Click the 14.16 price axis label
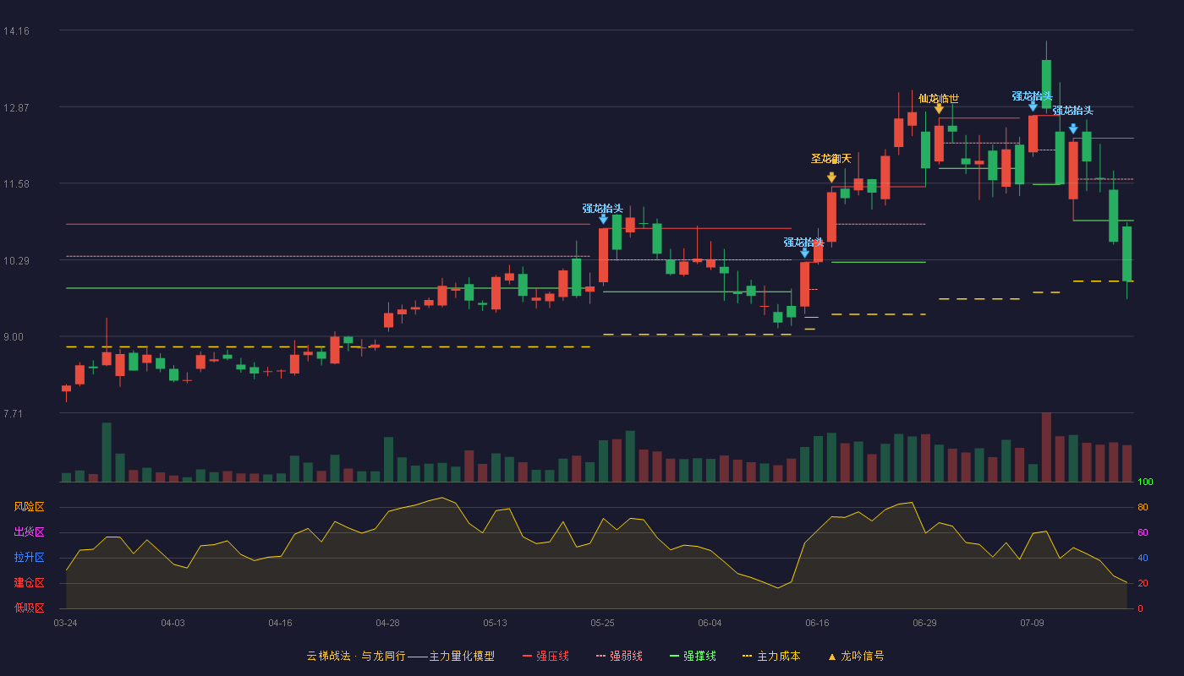click(16, 31)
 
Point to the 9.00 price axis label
click(14, 337)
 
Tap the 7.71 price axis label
click(14, 413)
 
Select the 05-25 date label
click(602, 624)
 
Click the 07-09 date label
click(1032, 624)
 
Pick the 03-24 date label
click(66, 624)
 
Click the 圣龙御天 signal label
click(830, 159)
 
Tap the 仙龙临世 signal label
click(938, 99)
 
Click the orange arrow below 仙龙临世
click(939, 109)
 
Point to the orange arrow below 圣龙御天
click(831, 177)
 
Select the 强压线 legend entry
click(545, 656)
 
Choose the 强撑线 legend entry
click(693, 656)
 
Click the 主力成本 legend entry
click(771, 656)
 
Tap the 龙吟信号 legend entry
click(856, 656)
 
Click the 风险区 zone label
click(29, 507)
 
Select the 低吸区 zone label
click(29, 608)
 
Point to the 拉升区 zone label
click(29, 558)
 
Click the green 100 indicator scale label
click(1145, 482)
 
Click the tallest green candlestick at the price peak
click(1046, 84)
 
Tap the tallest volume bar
click(1046, 447)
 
